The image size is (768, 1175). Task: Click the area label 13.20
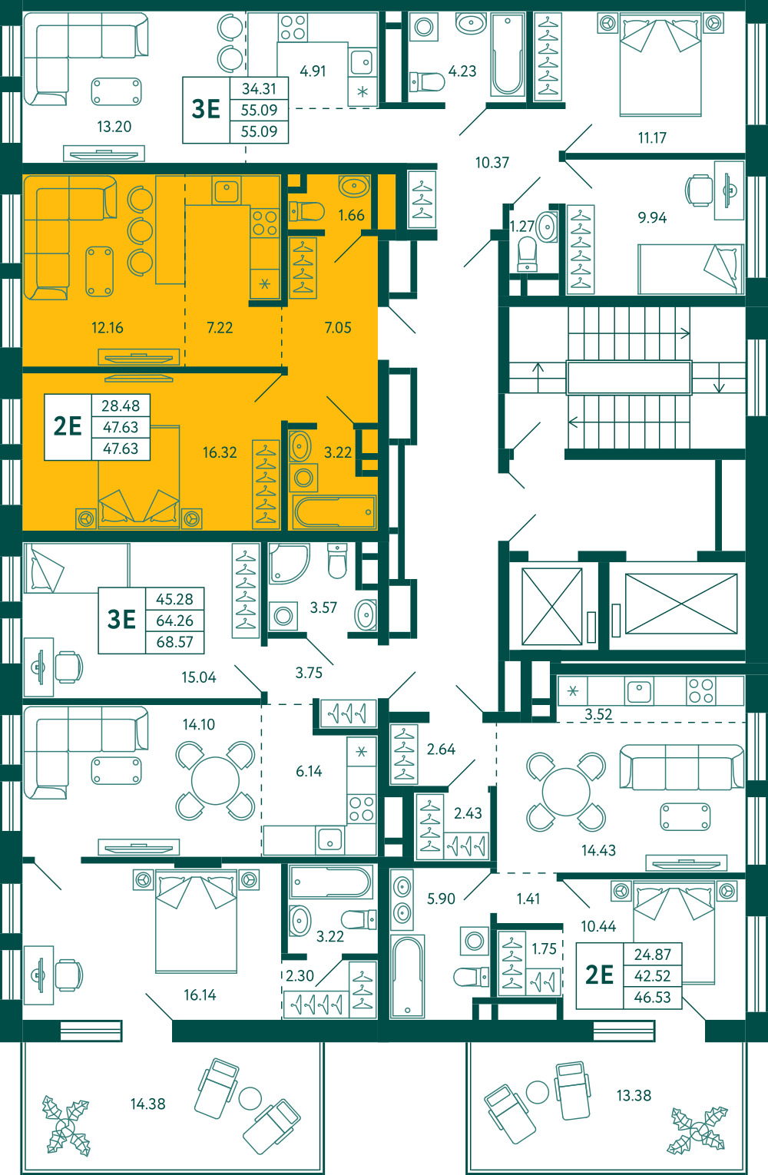tap(114, 127)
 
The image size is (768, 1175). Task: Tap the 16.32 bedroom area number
tap(220, 452)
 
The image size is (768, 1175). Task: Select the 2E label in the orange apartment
tap(68, 426)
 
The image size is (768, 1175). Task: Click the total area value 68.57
tap(174, 642)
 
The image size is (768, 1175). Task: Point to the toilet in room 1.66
tap(307, 212)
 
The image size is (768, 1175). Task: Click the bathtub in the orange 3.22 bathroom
tap(334, 511)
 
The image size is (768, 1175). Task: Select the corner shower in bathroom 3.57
tap(289, 564)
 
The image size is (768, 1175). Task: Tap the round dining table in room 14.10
tap(215, 781)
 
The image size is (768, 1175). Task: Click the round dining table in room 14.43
tap(566, 792)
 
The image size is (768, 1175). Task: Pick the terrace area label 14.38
tap(148, 1104)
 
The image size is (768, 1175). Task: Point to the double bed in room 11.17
tap(660, 65)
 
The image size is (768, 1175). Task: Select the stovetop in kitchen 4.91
tap(293, 28)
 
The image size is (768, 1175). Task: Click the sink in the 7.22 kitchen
tap(227, 190)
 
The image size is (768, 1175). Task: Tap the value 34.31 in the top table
tap(259, 88)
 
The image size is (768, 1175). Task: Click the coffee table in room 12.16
tap(100, 271)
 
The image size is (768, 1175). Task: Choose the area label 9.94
tap(652, 217)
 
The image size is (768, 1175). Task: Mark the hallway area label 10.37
tap(492, 163)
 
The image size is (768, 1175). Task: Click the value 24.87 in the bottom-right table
tap(653, 954)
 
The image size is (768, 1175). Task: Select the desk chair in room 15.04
tap(68, 667)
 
